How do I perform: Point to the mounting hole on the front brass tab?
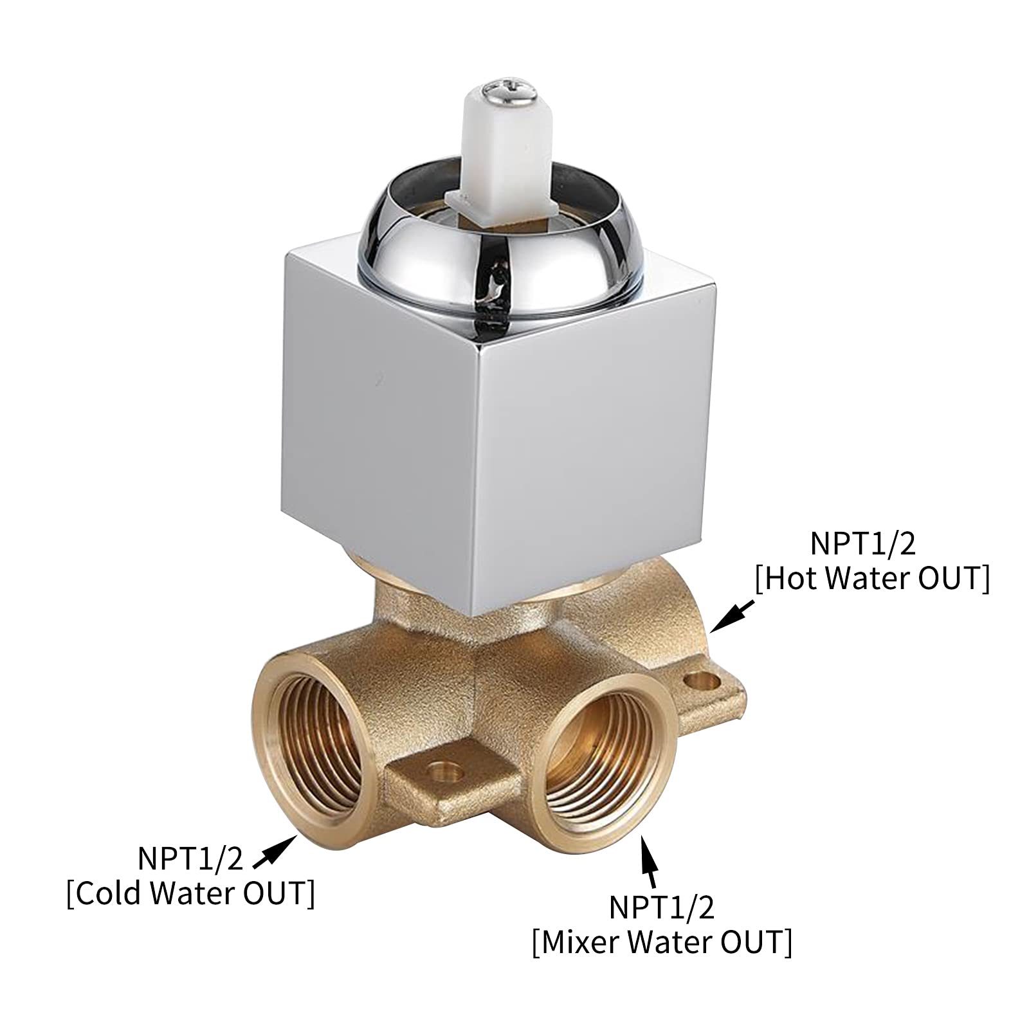tap(442, 769)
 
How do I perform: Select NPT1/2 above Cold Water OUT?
tap(190, 859)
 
